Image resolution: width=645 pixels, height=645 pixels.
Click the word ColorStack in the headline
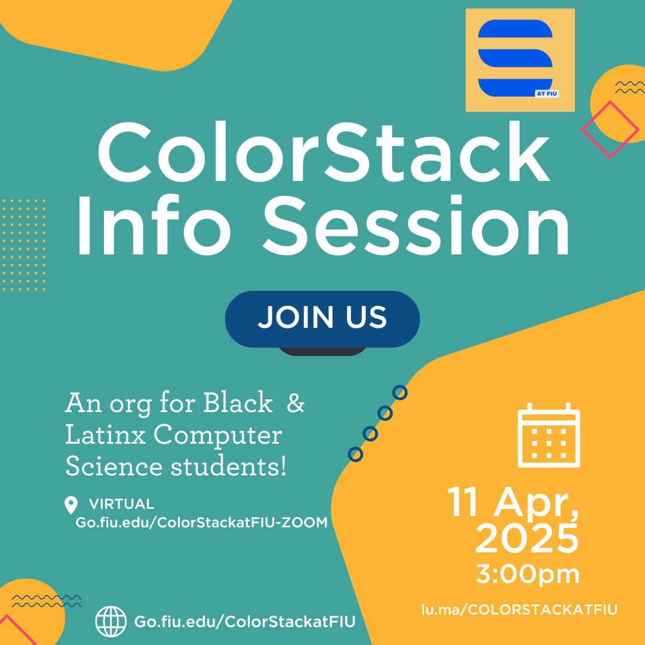pos(324,151)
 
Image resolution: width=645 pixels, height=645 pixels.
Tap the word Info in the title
pos(154,225)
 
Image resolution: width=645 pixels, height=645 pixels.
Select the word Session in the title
pos(416,225)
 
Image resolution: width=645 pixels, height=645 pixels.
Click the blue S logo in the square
pos(515,58)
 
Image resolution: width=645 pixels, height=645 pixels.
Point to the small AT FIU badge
pos(546,94)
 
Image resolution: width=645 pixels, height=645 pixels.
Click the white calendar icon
pos(549,435)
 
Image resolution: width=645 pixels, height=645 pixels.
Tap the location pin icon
pos(71,505)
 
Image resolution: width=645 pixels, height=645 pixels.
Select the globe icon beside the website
pos(111,622)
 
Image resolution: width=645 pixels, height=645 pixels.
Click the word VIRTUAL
pos(122,504)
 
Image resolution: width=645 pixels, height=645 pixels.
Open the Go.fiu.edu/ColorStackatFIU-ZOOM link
pos(202,523)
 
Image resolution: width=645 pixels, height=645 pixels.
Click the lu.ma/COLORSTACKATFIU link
pos(520,610)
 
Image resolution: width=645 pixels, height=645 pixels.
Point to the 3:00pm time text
pos(528,575)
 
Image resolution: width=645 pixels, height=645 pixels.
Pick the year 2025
pos(527,538)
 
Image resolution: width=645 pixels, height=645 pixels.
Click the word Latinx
pos(105,435)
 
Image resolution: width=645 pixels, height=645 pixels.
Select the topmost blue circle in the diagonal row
pos(400,393)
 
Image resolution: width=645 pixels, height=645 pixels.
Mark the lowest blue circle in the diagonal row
pos(355,454)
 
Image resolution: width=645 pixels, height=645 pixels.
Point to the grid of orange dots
pos(24,245)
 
